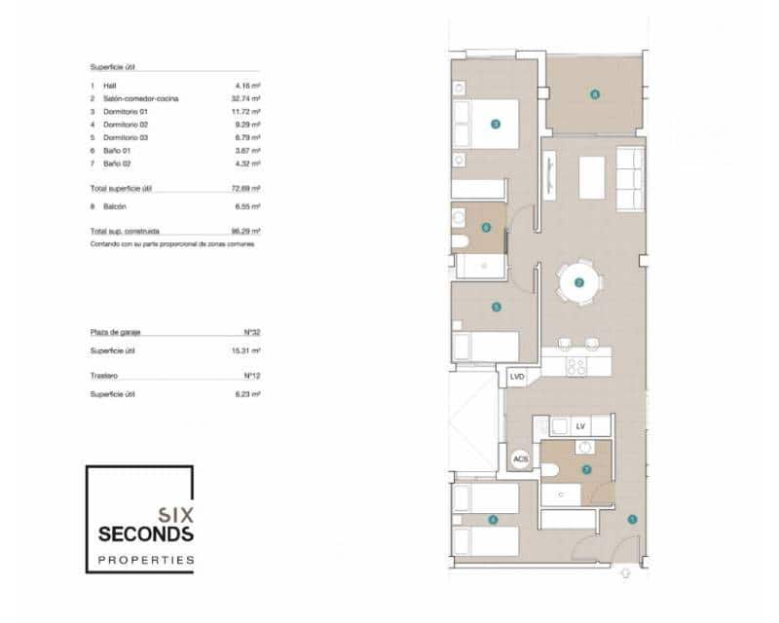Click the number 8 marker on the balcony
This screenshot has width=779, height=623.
coord(593,94)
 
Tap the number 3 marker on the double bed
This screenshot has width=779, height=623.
coord(496,124)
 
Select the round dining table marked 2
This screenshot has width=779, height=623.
coord(579,283)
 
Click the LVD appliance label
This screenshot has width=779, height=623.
coord(516,376)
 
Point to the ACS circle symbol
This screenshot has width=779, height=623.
coord(520,458)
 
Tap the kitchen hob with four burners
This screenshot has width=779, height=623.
coord(575,366)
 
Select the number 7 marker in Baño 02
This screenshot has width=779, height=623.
coord(586,468)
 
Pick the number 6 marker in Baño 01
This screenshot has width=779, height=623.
coord(486,228)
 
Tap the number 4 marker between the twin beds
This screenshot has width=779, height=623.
coord(493,520)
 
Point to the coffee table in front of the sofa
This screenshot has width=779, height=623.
coord(591,177)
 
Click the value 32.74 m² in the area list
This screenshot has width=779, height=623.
coord(247,98)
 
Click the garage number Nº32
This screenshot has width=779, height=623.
coord(251,332)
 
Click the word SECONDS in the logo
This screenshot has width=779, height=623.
coord(146,534)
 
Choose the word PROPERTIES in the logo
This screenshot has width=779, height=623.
coord(146,560)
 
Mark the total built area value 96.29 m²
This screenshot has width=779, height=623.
coord(247,232)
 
